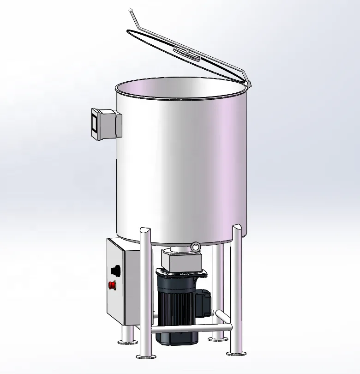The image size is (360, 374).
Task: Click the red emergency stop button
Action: click(112, 285)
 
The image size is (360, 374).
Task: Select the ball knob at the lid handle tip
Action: click(131, 10)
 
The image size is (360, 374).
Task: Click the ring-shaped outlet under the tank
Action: click(195, 247)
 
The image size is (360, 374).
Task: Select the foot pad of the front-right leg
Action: click(235, 353)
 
